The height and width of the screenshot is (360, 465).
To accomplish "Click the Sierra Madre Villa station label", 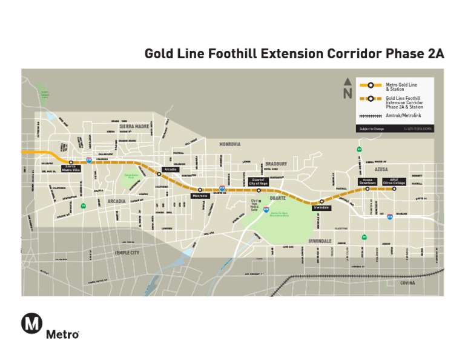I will [70, 168].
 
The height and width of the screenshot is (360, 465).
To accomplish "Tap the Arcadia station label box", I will [170, 169].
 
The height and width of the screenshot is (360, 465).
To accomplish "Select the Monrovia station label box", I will [199, 196].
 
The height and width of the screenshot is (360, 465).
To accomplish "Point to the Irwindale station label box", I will [321, 207].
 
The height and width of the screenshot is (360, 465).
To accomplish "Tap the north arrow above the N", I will [347, 82].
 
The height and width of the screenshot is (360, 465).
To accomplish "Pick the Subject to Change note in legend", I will [369, 128].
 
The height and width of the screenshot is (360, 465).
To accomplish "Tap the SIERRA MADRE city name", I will [134, 126].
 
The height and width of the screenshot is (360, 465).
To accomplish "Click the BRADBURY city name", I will [275, 164].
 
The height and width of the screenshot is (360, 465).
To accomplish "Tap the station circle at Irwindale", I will [322, 201].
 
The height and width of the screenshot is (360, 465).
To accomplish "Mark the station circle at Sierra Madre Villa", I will [71, 162].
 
